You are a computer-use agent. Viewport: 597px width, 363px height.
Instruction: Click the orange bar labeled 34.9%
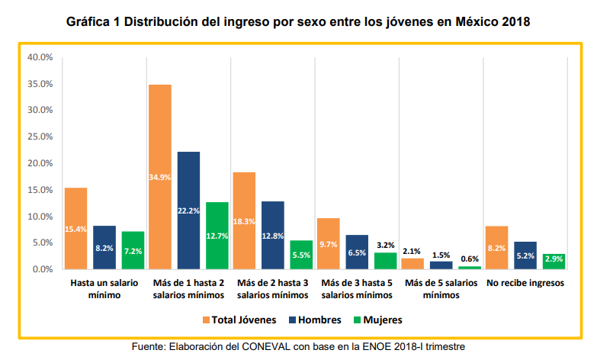[160, 177]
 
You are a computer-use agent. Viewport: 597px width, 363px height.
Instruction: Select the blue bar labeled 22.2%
[189, 210]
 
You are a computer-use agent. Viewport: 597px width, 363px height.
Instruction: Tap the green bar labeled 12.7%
[217, 236]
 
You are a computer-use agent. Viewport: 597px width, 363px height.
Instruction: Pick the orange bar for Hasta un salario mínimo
[76, 229]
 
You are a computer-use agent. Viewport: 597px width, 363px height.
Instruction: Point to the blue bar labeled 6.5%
[357, 252]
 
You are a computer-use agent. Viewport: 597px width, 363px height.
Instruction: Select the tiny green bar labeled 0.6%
[469, 268]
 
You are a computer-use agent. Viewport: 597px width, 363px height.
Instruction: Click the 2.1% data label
[412, 251]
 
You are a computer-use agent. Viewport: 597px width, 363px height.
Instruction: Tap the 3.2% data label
[385, 245]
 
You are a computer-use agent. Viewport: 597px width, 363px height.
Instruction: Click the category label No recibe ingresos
[525, 283]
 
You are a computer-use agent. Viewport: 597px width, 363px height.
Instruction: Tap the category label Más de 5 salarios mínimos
[440, 288]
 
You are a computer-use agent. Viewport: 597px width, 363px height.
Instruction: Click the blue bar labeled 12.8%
[273, 235]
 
